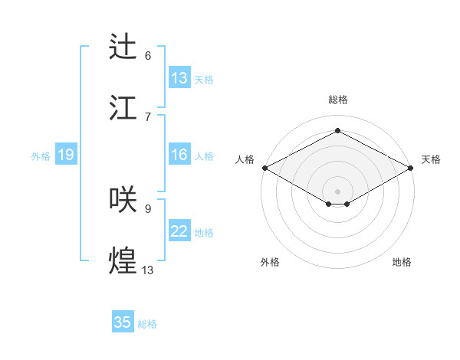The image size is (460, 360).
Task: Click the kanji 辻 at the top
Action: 123,47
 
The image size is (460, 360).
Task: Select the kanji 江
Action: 123,108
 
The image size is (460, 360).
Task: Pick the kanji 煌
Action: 123,260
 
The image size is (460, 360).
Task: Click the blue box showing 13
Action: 179,78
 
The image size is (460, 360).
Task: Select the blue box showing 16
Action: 179,155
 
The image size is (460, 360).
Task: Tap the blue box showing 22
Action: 179,232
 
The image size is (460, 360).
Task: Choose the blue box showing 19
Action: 65,155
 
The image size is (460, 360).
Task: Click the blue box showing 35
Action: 123,322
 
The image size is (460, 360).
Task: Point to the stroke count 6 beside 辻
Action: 148,56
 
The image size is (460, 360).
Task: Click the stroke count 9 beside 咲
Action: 148,208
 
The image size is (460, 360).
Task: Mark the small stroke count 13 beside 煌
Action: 148,270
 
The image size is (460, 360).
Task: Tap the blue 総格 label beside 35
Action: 147,324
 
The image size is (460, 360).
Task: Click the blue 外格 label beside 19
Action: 41,156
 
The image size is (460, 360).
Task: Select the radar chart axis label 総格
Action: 337,100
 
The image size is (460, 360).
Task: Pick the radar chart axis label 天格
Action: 431,159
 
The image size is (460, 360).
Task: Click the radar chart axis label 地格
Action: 402,262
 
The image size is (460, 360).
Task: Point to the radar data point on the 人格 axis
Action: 264,168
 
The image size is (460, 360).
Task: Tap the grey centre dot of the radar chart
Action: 337,191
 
